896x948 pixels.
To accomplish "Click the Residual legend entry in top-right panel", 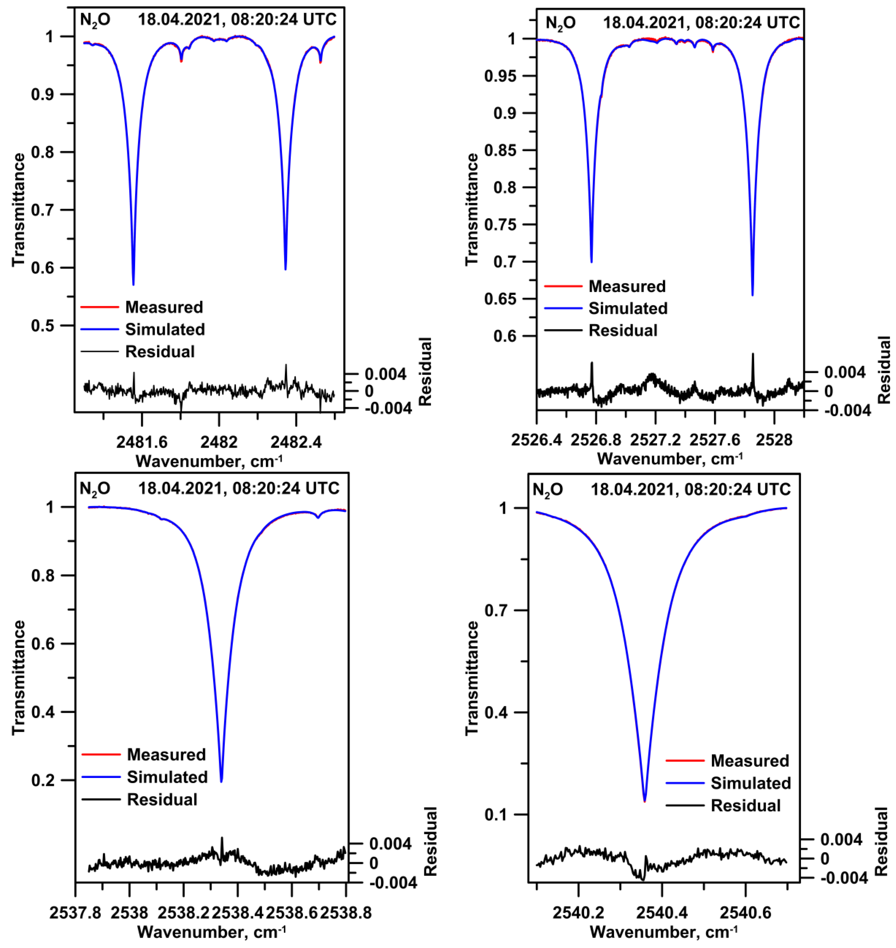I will (623, 330).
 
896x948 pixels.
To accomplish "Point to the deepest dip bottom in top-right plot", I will (753, 295).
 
